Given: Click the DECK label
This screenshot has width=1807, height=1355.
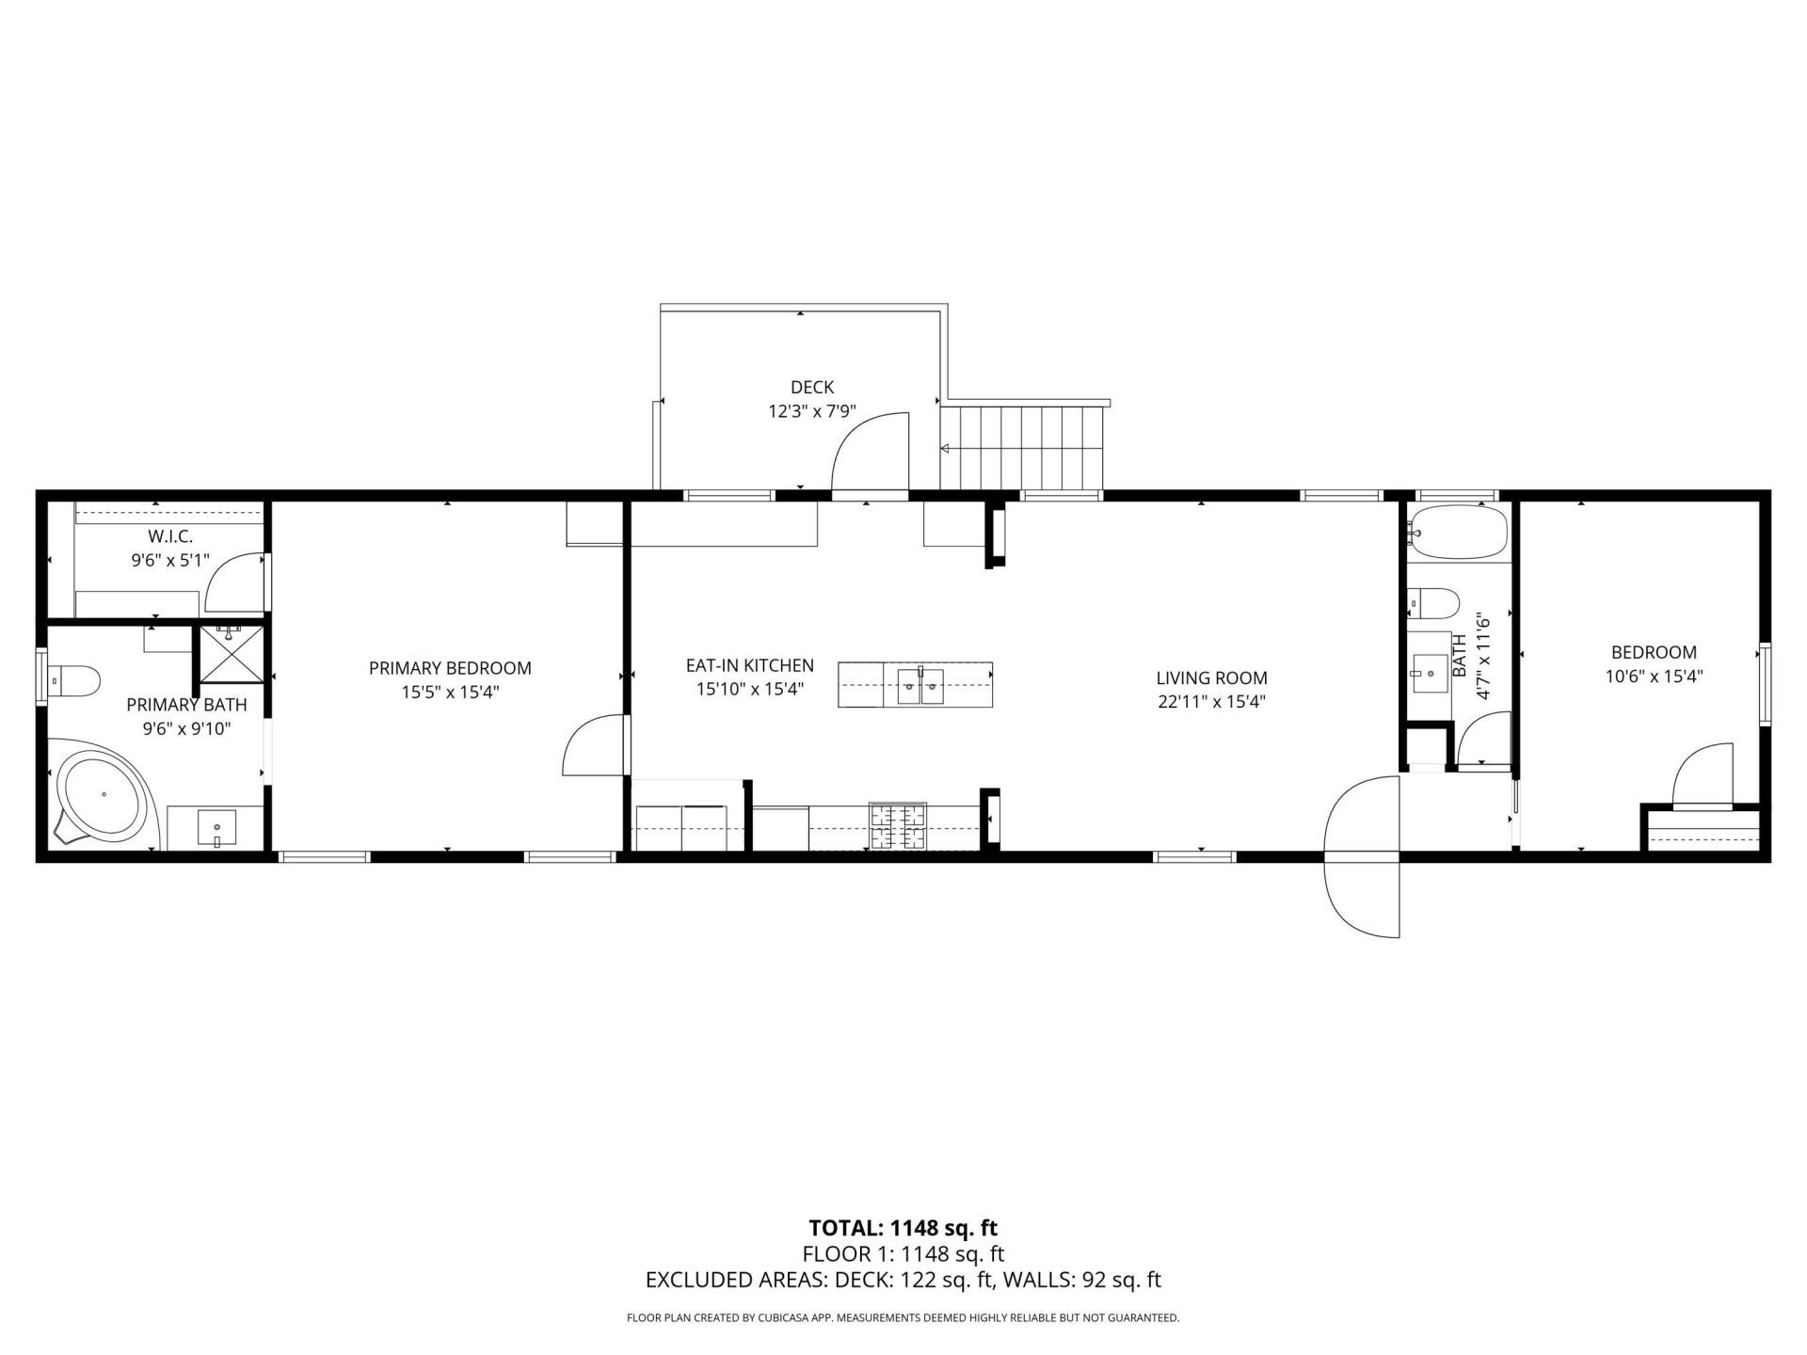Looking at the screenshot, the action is (811, 387).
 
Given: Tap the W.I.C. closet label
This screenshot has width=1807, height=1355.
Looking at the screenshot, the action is (170, 536).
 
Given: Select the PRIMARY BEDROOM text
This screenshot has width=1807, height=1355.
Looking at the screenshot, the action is (450, 668).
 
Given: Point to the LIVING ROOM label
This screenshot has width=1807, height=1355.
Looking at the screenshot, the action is (1211, 677).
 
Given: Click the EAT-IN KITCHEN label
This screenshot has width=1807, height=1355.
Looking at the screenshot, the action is (749, 665).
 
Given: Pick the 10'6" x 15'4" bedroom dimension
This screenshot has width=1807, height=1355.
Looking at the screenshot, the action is (1654, 676).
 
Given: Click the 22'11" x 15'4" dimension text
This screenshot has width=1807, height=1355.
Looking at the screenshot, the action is (1211, 701).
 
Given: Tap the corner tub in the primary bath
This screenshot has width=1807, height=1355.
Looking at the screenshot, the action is (102, 793).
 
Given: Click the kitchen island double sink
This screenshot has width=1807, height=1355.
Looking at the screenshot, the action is (919, 684).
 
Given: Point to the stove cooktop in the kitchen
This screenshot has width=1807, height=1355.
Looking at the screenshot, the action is (898, 827).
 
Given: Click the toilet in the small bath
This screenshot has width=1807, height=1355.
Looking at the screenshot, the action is (1432, 601).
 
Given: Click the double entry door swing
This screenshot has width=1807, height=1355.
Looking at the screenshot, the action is (1361, 856).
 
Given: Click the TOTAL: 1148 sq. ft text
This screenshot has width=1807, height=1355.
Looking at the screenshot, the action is (903, 1227).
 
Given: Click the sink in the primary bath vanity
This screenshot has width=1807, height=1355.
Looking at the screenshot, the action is (217, 829).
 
